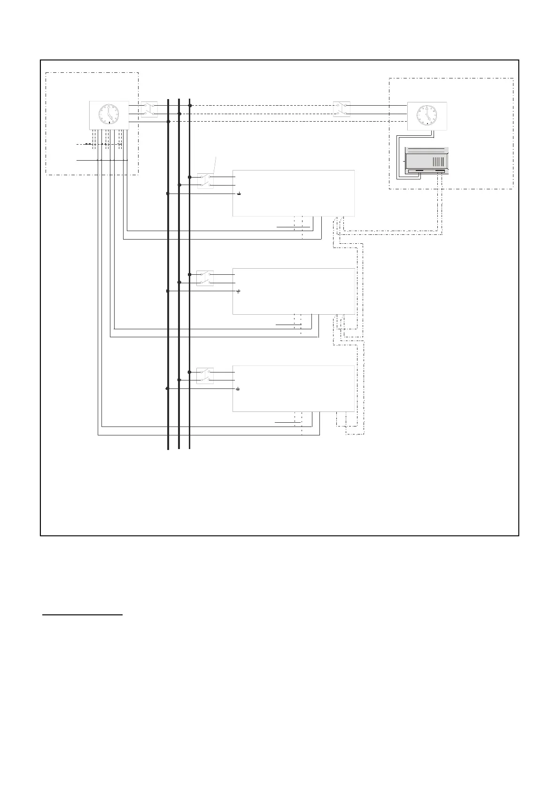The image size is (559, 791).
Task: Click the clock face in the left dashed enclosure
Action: point(109,114)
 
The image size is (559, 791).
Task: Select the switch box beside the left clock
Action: point(149,109)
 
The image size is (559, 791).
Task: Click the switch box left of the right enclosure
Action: point(342,109)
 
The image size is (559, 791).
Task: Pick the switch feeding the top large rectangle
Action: point(205,181)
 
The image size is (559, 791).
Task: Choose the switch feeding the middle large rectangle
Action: point(205,278)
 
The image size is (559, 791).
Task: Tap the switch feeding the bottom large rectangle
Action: point(205,376)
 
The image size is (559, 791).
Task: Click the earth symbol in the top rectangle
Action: point(239,194)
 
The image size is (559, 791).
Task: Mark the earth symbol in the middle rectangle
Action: point(239,292)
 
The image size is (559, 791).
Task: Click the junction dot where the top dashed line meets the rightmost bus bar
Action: point(189,106)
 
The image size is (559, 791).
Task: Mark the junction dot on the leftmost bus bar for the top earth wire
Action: point(168,193)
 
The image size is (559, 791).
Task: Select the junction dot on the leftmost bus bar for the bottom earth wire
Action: point(167,388)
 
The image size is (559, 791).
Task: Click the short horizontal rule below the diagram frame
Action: point(82,614)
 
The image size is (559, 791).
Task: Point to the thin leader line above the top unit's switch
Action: point(215,165)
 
